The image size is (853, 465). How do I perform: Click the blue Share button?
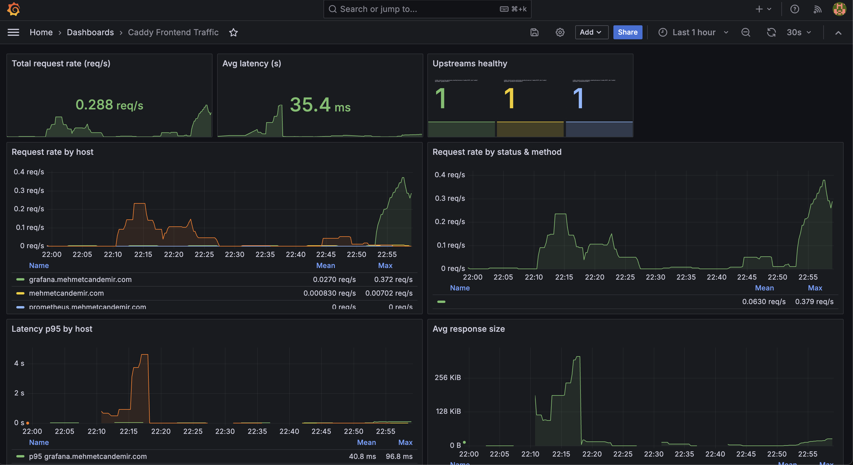click(627, 32)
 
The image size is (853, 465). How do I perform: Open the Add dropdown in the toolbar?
click(591, 32)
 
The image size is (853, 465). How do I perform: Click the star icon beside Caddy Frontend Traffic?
click(233, 32)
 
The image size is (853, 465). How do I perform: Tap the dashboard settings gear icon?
click(560, 32)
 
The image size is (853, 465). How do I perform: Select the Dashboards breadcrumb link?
click(90, 32)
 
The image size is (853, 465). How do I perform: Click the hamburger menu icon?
click(13, 32)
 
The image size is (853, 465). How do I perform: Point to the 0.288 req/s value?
click(109, 105)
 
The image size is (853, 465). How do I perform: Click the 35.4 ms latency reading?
click(320, 105)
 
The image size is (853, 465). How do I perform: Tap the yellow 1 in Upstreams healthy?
click(509, 99)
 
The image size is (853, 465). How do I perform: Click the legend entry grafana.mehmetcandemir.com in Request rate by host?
click(80, 279)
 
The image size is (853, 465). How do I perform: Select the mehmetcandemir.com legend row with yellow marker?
click(66, 293)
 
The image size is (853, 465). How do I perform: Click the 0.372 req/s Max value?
click(393, 279)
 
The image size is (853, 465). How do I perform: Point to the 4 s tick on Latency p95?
click(19, 363)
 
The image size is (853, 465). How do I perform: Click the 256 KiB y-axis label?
click(447, 377)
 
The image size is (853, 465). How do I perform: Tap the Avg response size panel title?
click(468, 329)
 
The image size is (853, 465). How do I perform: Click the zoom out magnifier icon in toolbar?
click(745, 32)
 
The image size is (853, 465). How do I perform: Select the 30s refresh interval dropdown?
click(798, 32)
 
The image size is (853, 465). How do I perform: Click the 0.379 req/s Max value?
click(814, 301)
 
